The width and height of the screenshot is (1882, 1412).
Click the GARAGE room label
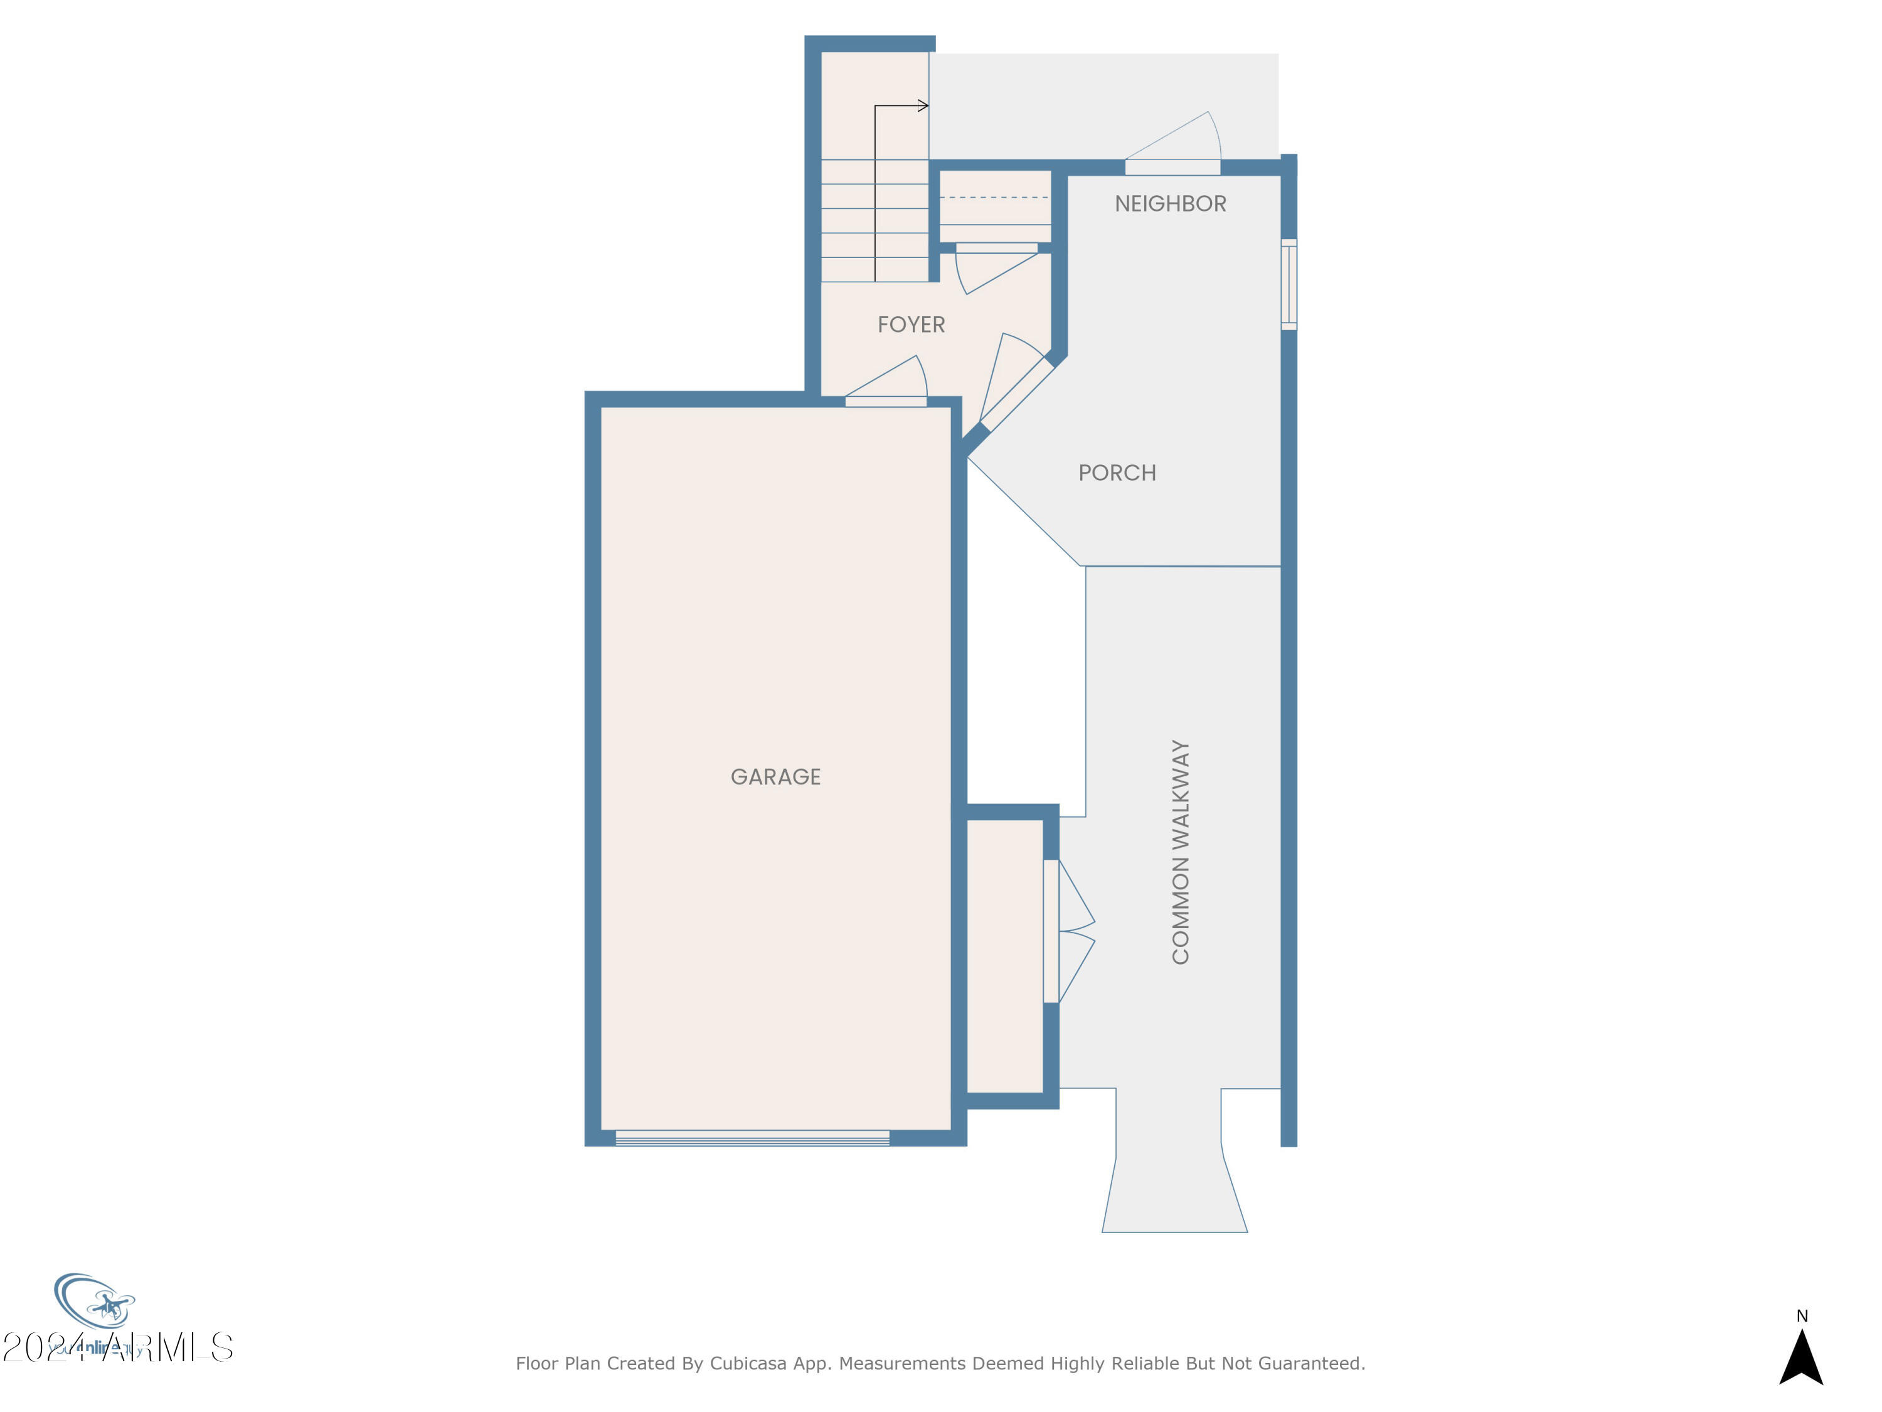click(x=775, y=776)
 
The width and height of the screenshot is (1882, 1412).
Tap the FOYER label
click(x=910, y=324)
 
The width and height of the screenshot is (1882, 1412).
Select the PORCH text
click(x=1116, y=473)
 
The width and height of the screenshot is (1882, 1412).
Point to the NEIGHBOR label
click(x=1170, y=203)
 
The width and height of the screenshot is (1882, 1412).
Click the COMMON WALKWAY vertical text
click(x=1180, y=851)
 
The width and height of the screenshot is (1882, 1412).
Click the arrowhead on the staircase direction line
click(x=924, y=105)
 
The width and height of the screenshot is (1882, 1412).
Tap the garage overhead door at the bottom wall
click(x=752, y=1138)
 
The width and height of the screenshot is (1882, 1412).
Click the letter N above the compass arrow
click(x=1801, y=1316)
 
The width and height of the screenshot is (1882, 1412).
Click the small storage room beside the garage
click(x=1005, y=956)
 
